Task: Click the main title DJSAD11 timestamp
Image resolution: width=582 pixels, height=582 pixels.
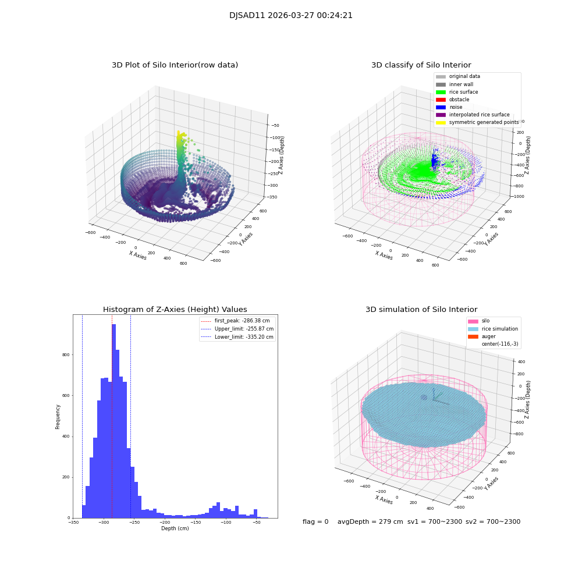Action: tap(290, 16)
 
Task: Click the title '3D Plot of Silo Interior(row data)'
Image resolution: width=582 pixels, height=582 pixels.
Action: tap(175, 65)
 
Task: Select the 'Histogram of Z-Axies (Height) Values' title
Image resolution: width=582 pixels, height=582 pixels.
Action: tap(175, 310)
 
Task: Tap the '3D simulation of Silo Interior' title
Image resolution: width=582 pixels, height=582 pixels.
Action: tap(421, 310)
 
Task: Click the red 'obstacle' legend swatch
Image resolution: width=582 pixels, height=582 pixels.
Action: tap(441, 100)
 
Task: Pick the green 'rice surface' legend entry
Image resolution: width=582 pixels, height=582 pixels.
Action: tap(464, 92)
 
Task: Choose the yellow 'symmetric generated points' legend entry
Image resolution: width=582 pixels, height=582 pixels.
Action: tap(483, 122)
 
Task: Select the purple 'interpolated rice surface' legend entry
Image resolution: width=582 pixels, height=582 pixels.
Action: tap(479, 115)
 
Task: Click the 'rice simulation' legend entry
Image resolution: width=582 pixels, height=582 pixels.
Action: tap(499, 329)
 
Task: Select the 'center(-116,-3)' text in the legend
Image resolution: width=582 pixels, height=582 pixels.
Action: tap(499, 344)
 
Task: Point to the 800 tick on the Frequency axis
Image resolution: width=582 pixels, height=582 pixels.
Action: tap(66, 355)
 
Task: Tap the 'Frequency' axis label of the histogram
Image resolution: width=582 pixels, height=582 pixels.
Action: tap(58, 417)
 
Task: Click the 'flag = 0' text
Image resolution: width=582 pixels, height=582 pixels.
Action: tap(315, 522)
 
